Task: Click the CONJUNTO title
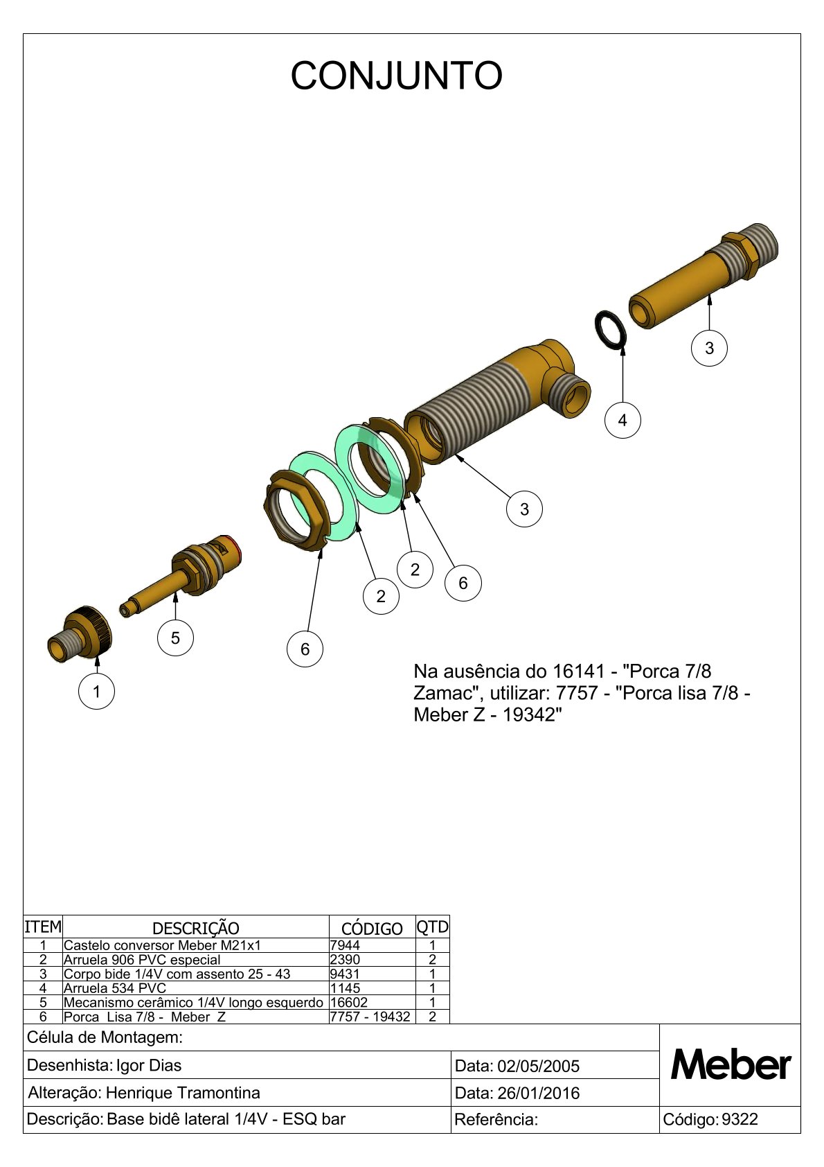396,76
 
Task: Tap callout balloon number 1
96,691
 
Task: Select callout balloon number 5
175,638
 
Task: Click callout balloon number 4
622,420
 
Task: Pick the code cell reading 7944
345,945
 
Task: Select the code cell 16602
349,1002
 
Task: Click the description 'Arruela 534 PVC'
115,988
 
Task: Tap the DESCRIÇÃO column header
195,929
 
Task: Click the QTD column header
432,927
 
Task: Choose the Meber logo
731,1065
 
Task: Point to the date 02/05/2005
539,1066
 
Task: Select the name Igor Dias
149,1065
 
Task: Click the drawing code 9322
740,1119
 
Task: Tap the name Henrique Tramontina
183,1093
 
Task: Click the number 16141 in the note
578,671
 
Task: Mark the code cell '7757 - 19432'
370,1017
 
